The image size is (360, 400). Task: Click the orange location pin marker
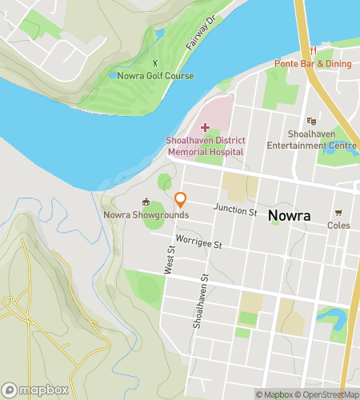(x=181, y=200)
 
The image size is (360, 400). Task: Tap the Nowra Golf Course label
(x=155, y=76)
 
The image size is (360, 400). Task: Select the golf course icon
(x=155, y=63)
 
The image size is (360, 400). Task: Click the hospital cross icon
(x=205, y=127)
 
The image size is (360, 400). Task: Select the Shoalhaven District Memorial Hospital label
(x=205, y=146)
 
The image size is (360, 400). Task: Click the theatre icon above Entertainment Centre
(x=312, y=120)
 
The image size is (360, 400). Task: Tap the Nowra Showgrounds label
(x=146, y=214)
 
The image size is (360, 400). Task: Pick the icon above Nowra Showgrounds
(x=146, y=202)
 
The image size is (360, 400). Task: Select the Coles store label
(x=338, y=226)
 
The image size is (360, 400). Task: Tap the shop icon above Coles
(x=338, y=213)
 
